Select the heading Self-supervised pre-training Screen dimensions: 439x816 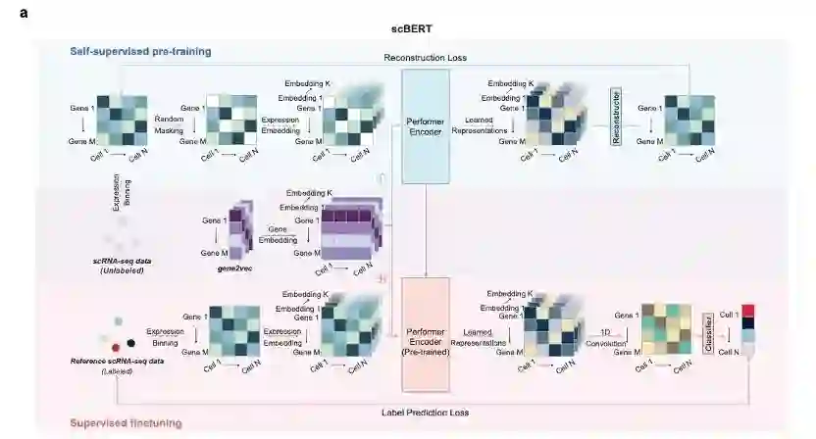tap(140, 51)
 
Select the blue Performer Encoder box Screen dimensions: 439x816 tap(426, 124)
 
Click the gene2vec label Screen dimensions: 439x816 tap(236, 268)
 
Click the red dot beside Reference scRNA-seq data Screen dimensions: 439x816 tap(117, 346)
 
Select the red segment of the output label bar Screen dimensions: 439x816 tap(750, 312)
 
